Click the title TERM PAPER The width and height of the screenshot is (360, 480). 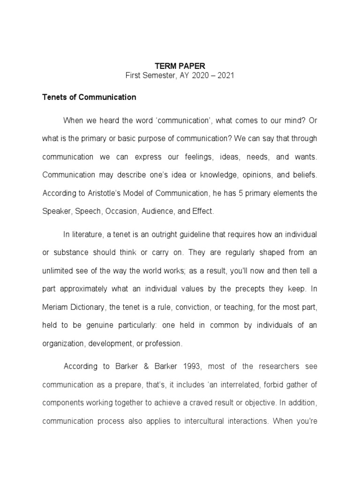tap(180, 67)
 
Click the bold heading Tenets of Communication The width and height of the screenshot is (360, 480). tap(89, 97)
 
